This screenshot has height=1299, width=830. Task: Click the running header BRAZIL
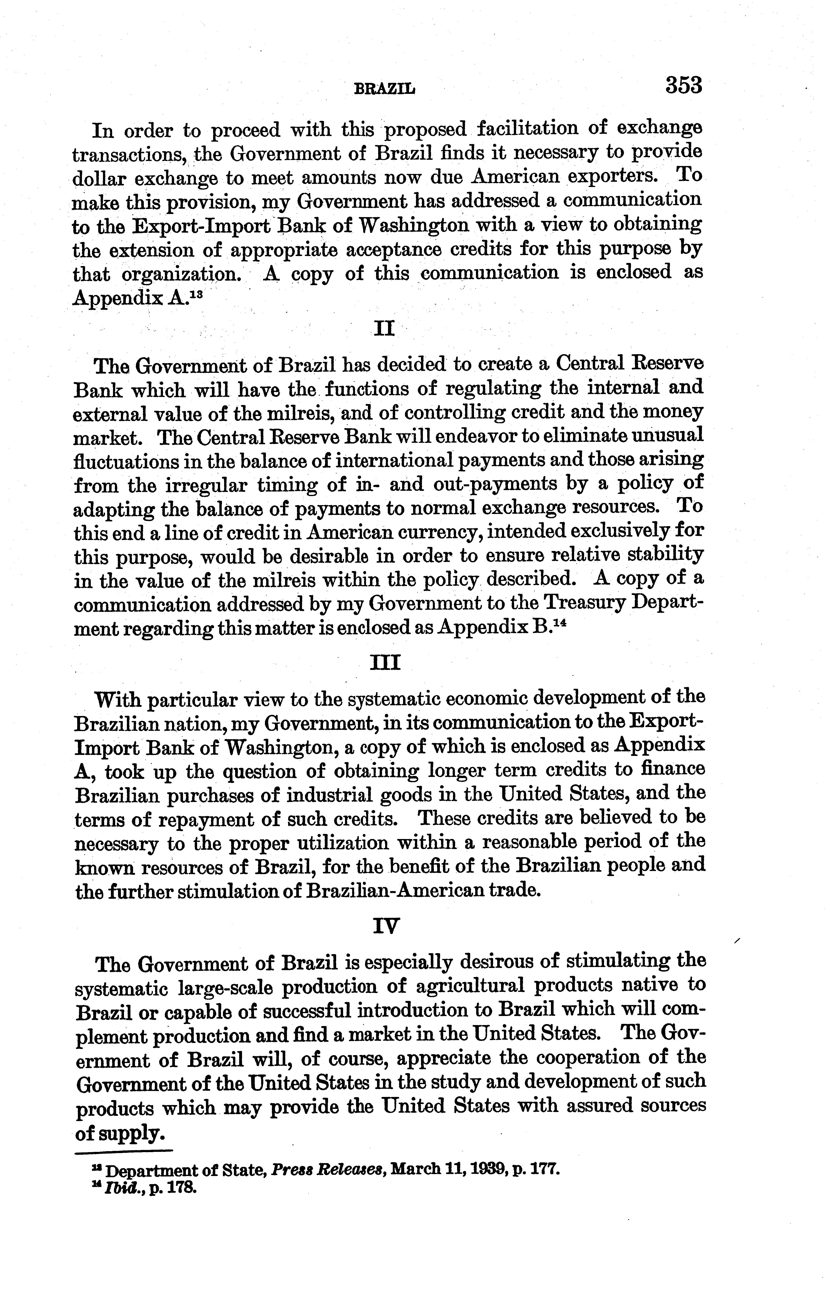pos(384,89)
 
